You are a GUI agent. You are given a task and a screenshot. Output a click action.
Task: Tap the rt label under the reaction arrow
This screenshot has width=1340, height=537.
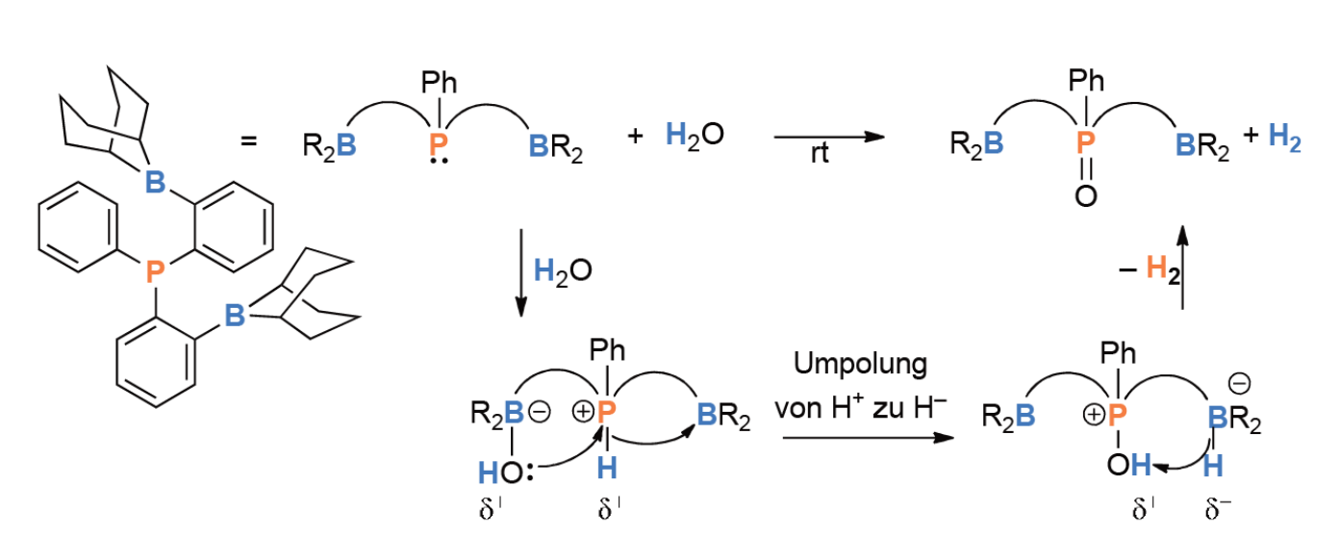[820, 153]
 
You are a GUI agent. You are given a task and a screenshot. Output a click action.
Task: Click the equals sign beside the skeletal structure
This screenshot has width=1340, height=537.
[249, 141]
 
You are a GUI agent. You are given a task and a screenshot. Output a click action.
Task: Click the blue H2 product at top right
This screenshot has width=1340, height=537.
[1284, 138]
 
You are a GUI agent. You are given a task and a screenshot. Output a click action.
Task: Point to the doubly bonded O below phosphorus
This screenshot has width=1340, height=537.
[1086, 195]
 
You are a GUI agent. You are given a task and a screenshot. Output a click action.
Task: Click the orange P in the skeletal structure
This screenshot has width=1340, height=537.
[155, 271]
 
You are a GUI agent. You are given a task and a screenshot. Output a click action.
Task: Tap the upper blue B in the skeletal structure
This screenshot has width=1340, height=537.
[155, 181]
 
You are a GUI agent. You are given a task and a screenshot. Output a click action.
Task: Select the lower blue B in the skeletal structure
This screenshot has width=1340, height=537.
[235, 316]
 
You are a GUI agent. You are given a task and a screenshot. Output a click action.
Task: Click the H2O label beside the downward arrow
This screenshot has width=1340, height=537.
[563, 271]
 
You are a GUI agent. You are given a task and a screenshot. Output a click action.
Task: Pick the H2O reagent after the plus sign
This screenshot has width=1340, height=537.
[695, 135]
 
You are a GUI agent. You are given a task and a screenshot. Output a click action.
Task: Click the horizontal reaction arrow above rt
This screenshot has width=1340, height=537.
[829, 137]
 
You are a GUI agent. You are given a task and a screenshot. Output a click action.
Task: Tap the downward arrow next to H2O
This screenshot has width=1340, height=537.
[521, 273]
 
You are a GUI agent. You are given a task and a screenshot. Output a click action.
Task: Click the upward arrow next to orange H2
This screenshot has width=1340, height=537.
[1182, 267]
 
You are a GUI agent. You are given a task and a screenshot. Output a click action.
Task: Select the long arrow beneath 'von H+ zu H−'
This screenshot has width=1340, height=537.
[868, 438]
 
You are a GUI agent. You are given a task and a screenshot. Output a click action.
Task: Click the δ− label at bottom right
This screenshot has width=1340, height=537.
[1218, 509]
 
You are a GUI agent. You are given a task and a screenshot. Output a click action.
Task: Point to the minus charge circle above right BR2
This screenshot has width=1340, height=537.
[1240, 383]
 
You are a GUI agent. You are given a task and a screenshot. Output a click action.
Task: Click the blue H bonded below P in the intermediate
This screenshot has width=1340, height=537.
[607, 468]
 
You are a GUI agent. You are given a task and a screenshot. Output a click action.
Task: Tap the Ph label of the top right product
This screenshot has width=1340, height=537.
[1086, 80]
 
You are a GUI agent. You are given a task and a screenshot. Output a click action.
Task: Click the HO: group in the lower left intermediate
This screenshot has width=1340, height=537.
[505, 473]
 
